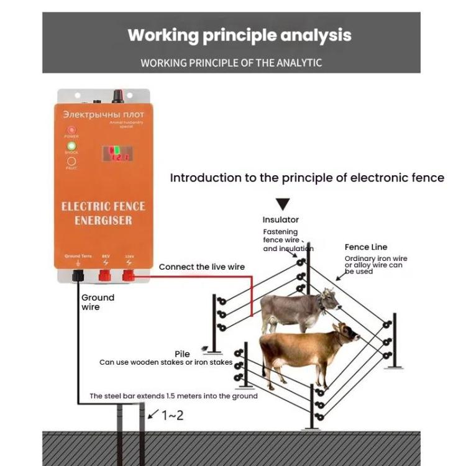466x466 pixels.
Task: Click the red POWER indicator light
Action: [x=71, y=130]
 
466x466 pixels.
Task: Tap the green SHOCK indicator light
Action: [x=71, y=146]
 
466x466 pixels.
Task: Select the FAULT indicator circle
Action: [x=71, y=161]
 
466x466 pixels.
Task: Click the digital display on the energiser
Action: [x=118, y=153]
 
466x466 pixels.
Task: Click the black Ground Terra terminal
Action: [x=78, y=275]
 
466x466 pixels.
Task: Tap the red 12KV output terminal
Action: [x=129, y=273]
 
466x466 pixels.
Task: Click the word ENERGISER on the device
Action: [x=103, y=221]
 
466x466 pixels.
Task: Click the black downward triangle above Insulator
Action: [x=283, y=204]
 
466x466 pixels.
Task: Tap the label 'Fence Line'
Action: [x=366, y=247]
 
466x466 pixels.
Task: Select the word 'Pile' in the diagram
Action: [x=182, y=354]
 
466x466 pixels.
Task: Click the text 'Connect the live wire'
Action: [x=201, y=267]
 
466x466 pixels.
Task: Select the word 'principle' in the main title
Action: [x=239, y=35]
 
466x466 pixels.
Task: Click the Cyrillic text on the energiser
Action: [x=103, y=115]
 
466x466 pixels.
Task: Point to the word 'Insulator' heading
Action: [x=280, y=219]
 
